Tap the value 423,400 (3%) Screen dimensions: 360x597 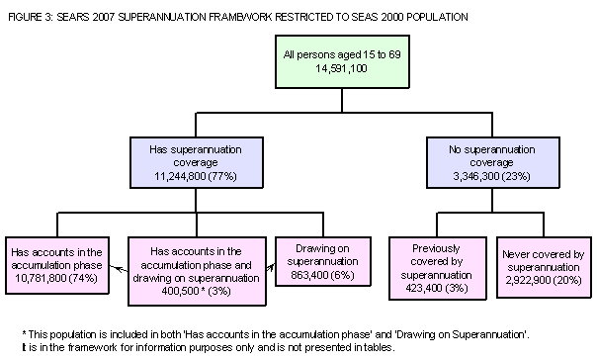click(x=436, y=288)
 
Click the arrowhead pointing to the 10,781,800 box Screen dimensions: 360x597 click(x=110, y=266)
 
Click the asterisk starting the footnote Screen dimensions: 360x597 click(x=23, y=334)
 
